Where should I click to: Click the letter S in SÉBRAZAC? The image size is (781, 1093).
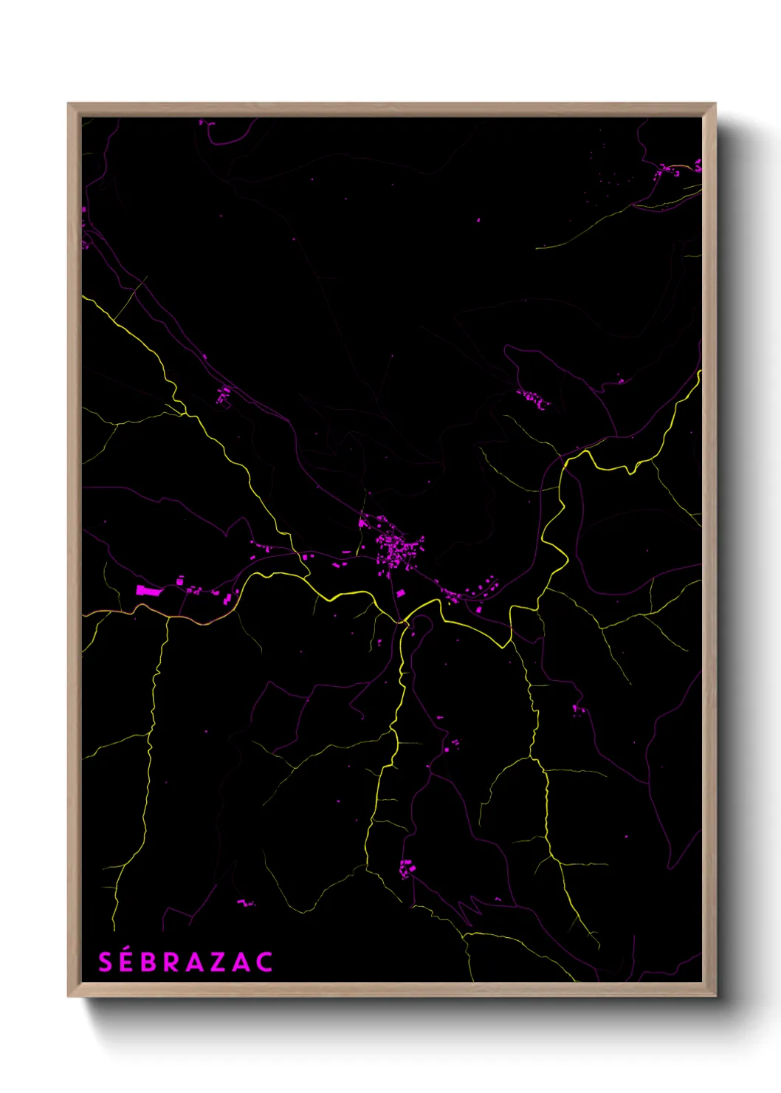click(x=106, y=962)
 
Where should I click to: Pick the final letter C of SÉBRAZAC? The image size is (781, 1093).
click(x=264, y=962)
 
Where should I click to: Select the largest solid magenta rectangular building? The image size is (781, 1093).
click(x=148, y=589)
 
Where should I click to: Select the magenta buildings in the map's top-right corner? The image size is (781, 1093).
click(x=675, y=169)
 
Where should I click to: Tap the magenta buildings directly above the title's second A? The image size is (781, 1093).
click(x=245, y=902)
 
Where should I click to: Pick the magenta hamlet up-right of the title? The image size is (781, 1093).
click(x=405, y=868)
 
